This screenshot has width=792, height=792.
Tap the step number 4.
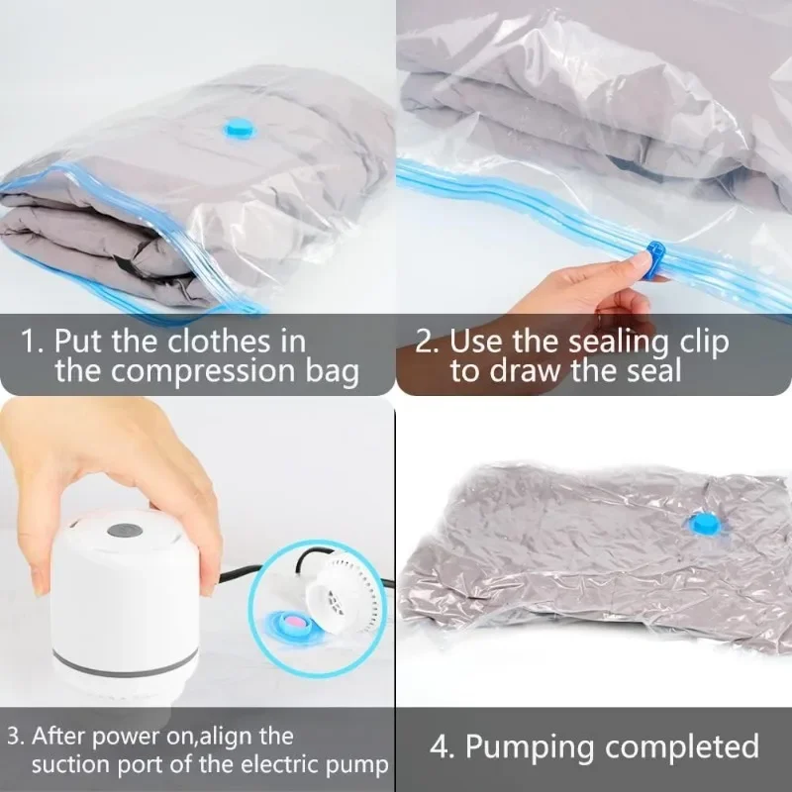pos(441,745)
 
